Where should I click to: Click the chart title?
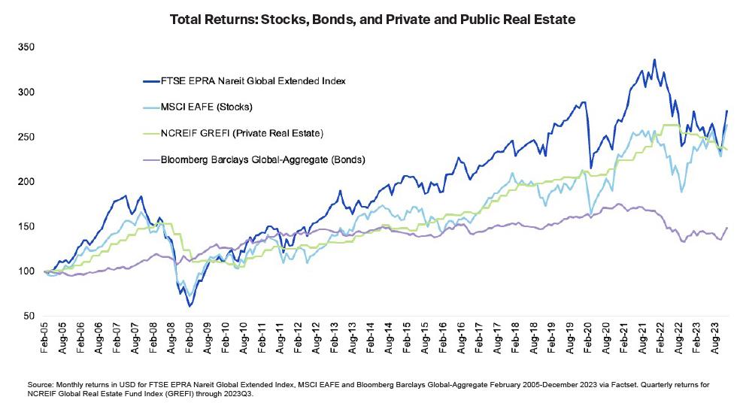click(x=368, y=17)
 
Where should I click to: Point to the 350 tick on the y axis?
click(x=29, y=47)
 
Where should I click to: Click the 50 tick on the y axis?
click(x=31, y=316)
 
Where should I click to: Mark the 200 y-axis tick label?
click(x=29, y=181)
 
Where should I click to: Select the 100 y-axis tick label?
click(x=29, y=271)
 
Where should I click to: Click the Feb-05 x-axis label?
click(x=45, y=339)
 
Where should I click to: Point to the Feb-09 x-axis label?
click(x=191, y=339)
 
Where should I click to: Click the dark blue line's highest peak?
click(x=654, y=59)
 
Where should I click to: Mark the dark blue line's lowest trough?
click(x=190, y=307)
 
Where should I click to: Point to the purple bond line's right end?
click(x=726, y=228)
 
